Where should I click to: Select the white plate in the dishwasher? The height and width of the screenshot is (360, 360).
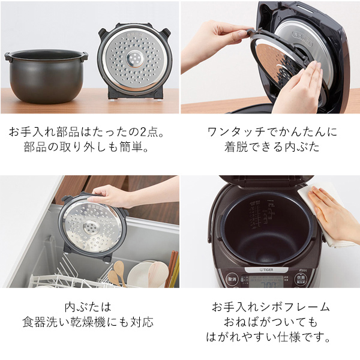[145, 273]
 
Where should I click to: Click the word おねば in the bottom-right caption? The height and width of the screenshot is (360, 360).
[250, 322]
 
